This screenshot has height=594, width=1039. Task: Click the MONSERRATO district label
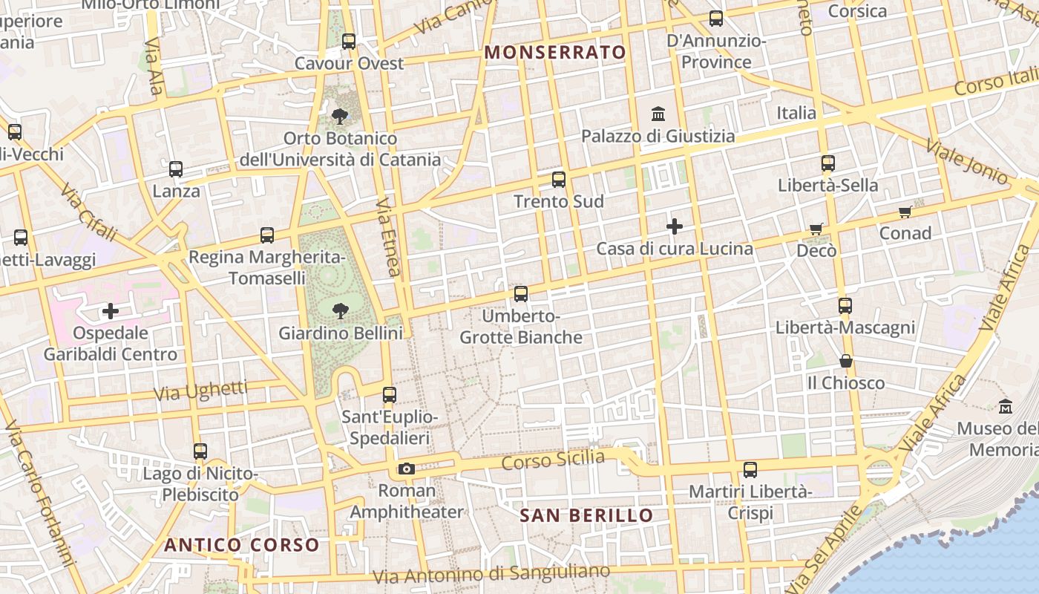[555, 53]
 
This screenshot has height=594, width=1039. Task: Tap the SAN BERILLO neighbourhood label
[586, 515]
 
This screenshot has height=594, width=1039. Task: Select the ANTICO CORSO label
[242, 545]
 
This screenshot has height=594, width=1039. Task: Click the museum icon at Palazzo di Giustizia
[658, 114]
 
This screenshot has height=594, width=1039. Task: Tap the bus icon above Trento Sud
[559, 180]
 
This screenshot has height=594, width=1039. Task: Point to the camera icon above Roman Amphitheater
[406, 469]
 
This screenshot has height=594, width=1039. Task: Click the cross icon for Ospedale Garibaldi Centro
[111, 311]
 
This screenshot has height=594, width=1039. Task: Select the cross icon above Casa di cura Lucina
[675, 226]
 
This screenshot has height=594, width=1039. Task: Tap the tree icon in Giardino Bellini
[341, 311]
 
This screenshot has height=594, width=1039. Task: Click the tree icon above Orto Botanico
[340, 116]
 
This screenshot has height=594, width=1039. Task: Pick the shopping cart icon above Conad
[905, 212]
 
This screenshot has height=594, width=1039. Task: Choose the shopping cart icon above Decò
[816, 229]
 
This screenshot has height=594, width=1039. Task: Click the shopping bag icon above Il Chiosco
[845, 362]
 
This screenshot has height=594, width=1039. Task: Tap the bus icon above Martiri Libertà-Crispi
[750, 470]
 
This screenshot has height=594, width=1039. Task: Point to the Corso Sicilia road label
[553, 460]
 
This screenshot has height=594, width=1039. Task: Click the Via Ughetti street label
[200, 391]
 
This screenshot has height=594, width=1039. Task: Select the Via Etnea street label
[388, 237]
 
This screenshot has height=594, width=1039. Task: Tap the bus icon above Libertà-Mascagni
[845, 306]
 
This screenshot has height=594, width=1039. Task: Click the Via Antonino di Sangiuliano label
[491, 574]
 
